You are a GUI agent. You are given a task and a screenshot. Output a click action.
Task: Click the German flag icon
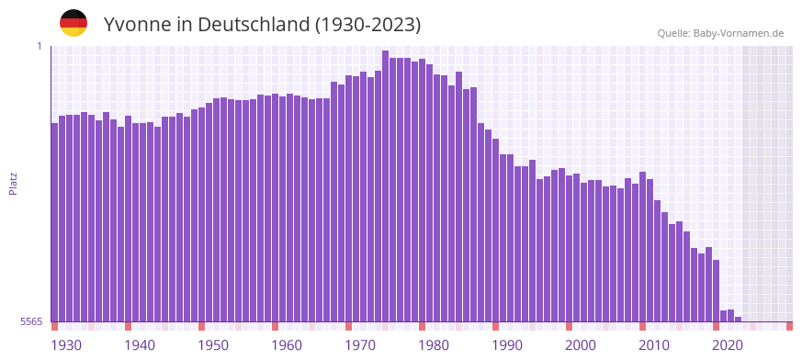click(x=73, y=23)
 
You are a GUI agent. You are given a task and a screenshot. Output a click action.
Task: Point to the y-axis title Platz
click(x=13, y=183)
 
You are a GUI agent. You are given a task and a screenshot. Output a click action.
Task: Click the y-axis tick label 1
click(x=40, y=46)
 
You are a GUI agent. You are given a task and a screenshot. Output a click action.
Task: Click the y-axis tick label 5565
click(x=29, y=321)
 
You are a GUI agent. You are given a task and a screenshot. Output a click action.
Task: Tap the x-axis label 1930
click(x=66, y=345)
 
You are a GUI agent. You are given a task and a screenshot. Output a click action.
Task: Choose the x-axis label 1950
click(x=213, y=345)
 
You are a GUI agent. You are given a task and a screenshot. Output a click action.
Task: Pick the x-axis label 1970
click(x=360, y=345)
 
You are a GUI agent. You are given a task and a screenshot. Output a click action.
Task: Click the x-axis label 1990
click(x=507, y=345)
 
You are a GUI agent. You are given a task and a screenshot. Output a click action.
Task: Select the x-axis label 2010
click(x=654, y=345)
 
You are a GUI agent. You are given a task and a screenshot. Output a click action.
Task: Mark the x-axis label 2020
click(x=728, y=345)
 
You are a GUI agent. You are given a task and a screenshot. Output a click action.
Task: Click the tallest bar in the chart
click(x=386, y=184)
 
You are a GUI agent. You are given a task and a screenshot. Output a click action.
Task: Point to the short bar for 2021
click(x=731, y=316)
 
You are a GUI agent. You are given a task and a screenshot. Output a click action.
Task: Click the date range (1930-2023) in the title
click(x=367, y=24)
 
